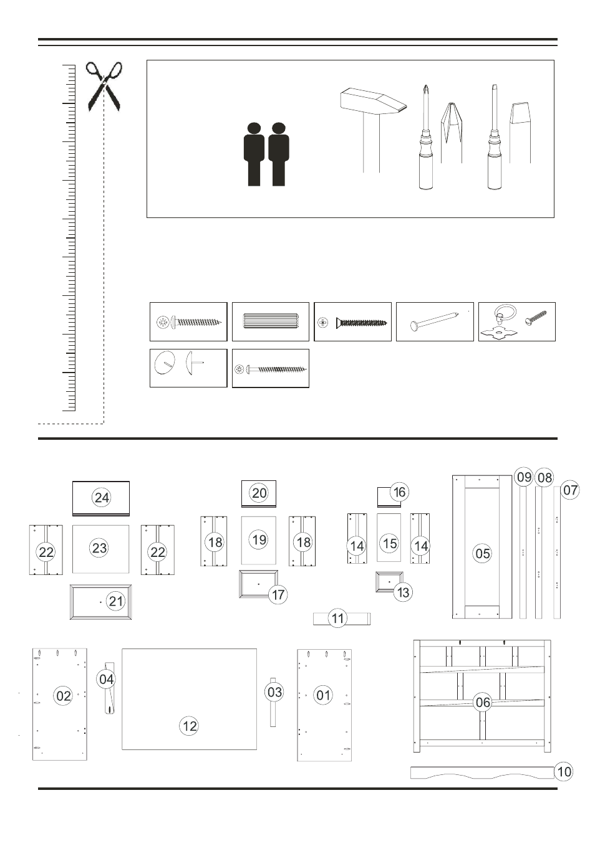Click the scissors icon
click(x=104, y=87)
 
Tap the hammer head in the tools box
click(x=373, y=102)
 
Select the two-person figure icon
click(x=266, y=154)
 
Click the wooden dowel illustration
click(x=271, y=321)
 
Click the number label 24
click(x=102, y=498)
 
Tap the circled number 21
click(x=116, y=601)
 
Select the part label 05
click(x=483, y=553)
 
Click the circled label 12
click(x=189, y=726)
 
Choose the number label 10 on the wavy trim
click(x=563, y=772)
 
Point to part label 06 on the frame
click(x=483, y=702)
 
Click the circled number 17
click(x=278, y=595)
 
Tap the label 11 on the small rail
click(x=337, y=618)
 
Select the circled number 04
click(x=107, y=679)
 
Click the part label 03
click(x=274, y=691)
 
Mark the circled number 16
click(x=400, y=492)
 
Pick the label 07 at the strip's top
click(x=570, y=490)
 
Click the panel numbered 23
click(x=101, y=549)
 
